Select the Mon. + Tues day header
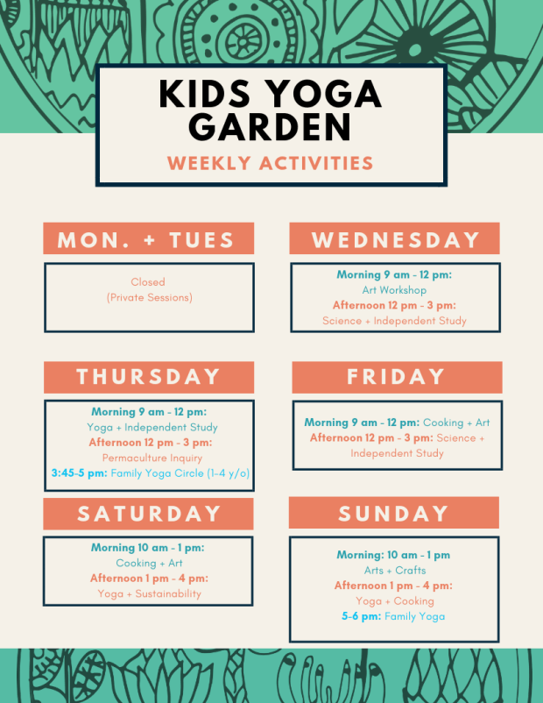(148, 239)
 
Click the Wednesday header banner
(395, 239)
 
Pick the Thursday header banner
(148, 377)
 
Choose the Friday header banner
(397, 377)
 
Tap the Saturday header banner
(148, 514)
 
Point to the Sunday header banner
(393, 514)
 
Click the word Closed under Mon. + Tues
(148, 282)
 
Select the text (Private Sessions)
(149, 298)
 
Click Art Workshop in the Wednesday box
(394, 290)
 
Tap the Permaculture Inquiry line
(152, 458)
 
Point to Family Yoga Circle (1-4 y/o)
(180, 473)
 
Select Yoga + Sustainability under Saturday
(149, 593)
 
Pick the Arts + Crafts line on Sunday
(394, 571)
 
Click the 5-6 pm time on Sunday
(361, 616)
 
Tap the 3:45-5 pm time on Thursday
(80, 473)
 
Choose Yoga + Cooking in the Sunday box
(394, 601)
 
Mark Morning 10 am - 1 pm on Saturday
(149, 548)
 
